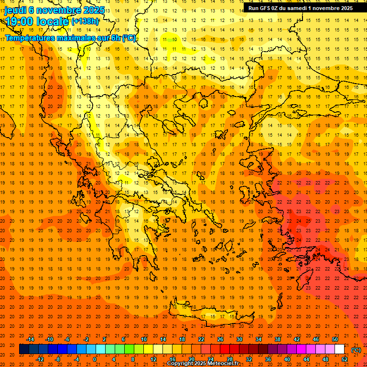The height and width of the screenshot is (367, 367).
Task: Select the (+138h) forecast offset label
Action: (x=85, y=22)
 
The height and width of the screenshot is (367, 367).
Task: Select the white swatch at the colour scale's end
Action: (x=339, y=349)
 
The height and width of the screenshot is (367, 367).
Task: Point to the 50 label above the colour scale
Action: (x=335, y=339)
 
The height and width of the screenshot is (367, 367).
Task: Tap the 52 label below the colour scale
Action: (x=344, y=359)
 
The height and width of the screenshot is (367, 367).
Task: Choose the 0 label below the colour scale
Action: (x=95, y=359)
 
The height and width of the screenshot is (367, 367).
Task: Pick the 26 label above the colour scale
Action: (x=220, y=339)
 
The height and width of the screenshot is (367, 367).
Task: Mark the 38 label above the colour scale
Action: (x=277, y=339)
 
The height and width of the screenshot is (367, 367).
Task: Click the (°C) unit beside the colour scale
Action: (x=356, y=350)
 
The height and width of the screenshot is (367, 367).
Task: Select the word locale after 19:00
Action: (x=53, y=21)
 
